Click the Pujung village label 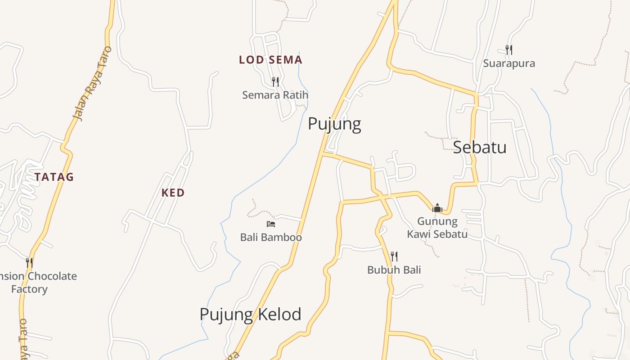(334, 124)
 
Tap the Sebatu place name (479, 147)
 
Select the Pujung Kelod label (250, 314)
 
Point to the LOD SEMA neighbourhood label (270, 60)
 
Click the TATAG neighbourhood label (54, 177)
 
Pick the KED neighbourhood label (173, 193)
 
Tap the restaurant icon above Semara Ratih (275, 82)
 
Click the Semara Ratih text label (275, 95)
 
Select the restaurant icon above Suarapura (509, 49)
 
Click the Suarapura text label (509, 63)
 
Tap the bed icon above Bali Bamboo (270, 224)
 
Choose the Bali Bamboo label (271, 237)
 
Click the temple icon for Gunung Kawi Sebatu (437, 208)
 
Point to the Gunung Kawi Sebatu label (437, 228)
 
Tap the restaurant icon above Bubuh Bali (394, 256)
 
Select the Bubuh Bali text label (394, 270)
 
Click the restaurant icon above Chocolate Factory (29, 262)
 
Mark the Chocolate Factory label (38, 282)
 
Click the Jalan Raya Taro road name (92, 84)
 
